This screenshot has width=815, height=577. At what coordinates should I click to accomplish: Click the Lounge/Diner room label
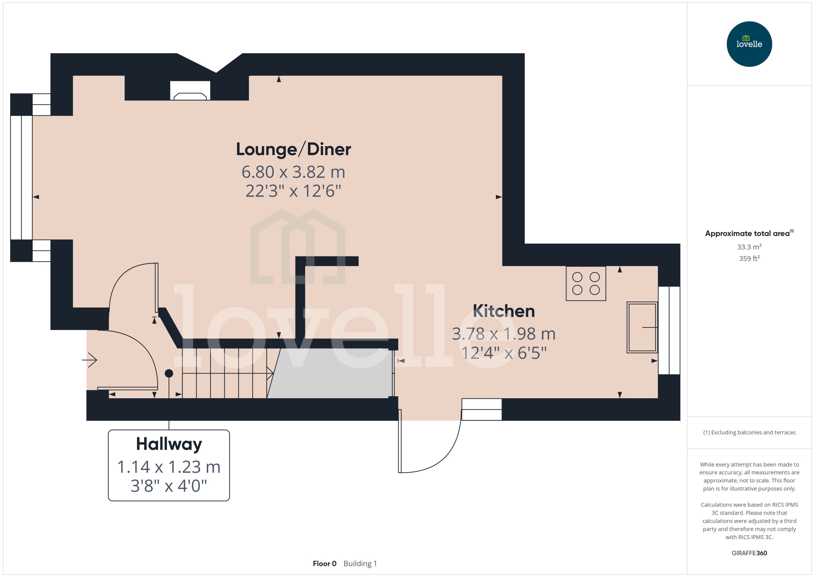point(293,149)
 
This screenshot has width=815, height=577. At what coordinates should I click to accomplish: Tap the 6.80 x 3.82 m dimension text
point(293,172)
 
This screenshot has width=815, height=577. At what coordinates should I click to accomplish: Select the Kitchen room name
point(504,311)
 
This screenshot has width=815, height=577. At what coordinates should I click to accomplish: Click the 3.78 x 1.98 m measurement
point(504,334)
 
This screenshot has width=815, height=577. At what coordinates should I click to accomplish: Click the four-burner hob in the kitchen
point(586,283)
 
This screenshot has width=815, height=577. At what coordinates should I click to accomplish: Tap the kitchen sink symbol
point(642,327)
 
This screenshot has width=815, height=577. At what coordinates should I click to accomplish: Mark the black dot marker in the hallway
point(169,373)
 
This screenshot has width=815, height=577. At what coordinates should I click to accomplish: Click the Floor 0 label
point(324,563)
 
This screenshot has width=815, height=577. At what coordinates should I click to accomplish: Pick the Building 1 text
point(360,563)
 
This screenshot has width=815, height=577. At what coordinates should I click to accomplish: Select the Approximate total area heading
point(747,233)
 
